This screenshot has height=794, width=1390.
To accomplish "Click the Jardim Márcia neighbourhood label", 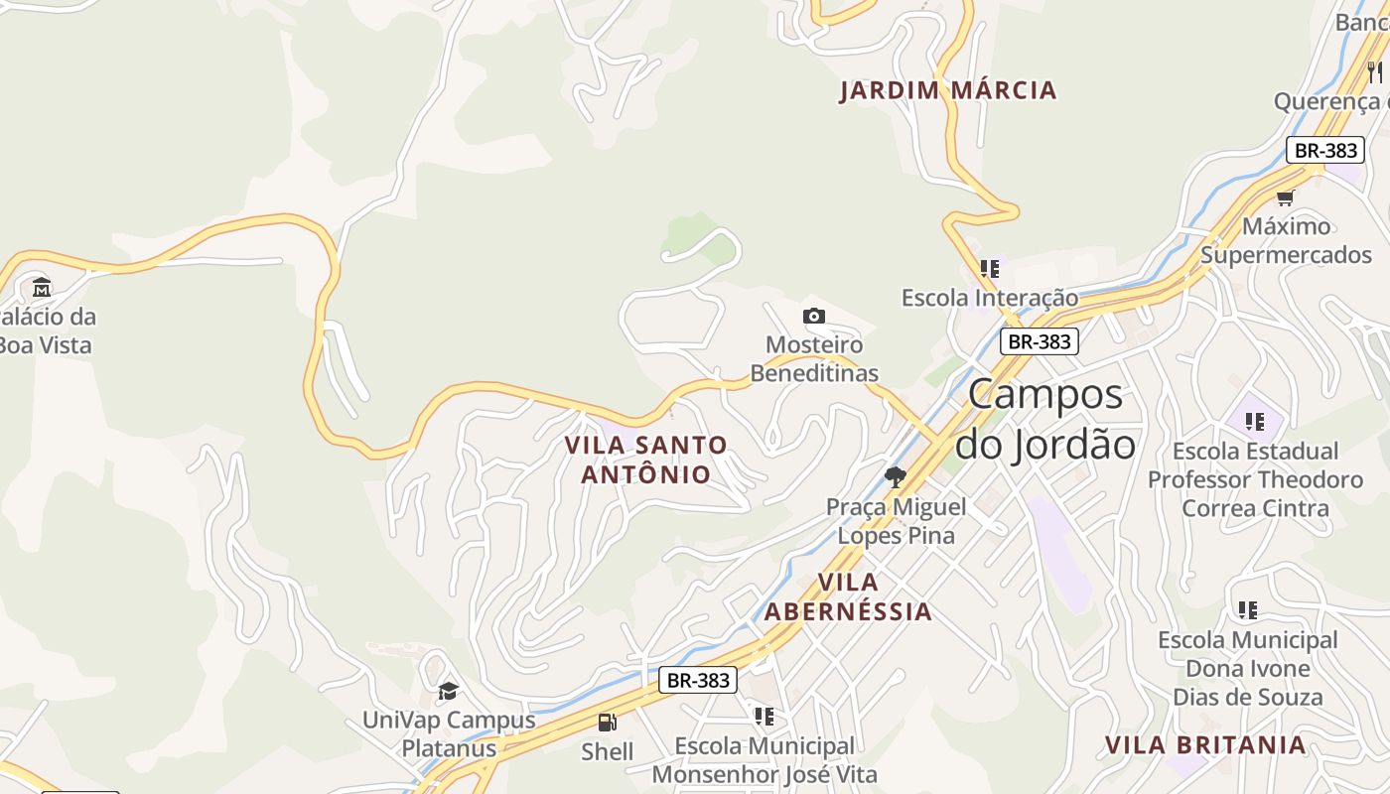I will click(947, 90).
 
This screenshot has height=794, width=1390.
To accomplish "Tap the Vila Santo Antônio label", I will click(646, 460).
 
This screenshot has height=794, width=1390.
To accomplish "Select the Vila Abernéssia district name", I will click(848, 596).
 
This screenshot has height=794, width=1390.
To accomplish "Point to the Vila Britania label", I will click(1205, 744).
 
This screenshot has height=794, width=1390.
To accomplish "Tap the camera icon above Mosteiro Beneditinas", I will click(814, 316).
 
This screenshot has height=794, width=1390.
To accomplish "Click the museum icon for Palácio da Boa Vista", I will click(42, 288).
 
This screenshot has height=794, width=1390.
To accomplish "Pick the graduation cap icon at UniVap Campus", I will click(449, 691).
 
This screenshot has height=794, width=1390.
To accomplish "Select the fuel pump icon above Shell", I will click(607, 723).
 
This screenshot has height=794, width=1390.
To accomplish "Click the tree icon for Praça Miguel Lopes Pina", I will click(896, 477).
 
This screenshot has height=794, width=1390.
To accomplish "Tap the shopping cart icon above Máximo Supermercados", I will click(1286, 197).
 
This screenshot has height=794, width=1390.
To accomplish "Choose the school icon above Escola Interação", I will click(990, 268).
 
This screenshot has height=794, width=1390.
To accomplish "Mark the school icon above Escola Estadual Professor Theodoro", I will click(1255, 421).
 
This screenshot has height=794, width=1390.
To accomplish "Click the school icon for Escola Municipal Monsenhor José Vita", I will click(764, 716).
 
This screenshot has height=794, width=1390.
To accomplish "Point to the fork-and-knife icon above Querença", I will click(1375, 71).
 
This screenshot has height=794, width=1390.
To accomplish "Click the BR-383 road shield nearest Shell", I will click(698, 680).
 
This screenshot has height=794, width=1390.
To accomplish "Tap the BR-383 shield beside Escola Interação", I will click(1039, 341).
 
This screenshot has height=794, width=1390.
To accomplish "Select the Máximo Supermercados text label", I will click(1286, 240).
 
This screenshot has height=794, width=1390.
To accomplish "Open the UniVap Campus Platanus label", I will click(449, 733).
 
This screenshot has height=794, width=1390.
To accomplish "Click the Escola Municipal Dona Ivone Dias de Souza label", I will click(1248, 668).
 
